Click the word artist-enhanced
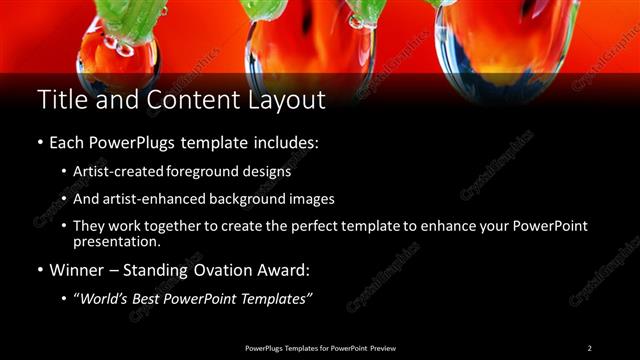click(x=155, y=198)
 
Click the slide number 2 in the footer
click(x=589, y=347)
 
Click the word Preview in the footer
click(x=382, y=347)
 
